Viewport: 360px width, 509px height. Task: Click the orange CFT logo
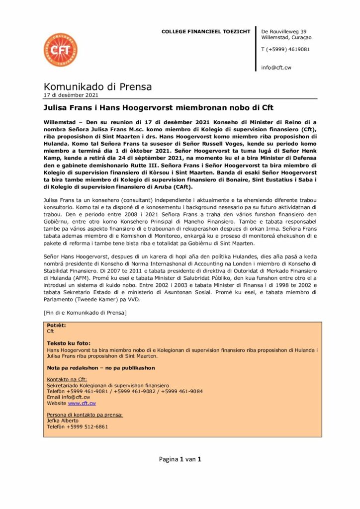click(x=60, y=50)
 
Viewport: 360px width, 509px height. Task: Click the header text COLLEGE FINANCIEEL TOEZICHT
click(x=206, y=32)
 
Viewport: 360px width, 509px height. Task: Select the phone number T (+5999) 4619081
click(x=285, y=49)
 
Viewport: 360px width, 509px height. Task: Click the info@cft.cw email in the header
click(x=276, y=68)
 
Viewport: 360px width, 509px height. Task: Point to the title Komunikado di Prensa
click(x=97, y=87)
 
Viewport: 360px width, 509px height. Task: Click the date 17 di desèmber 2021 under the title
click(x=71, y=95)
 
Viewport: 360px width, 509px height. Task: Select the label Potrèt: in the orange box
click(x=56, y=325)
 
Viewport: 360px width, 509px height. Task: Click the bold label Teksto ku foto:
click(x=69, y=343)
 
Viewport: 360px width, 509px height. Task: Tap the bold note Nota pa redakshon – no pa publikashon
click(x=101, y=368)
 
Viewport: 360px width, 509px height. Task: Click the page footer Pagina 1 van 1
click(x=180, y=459)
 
